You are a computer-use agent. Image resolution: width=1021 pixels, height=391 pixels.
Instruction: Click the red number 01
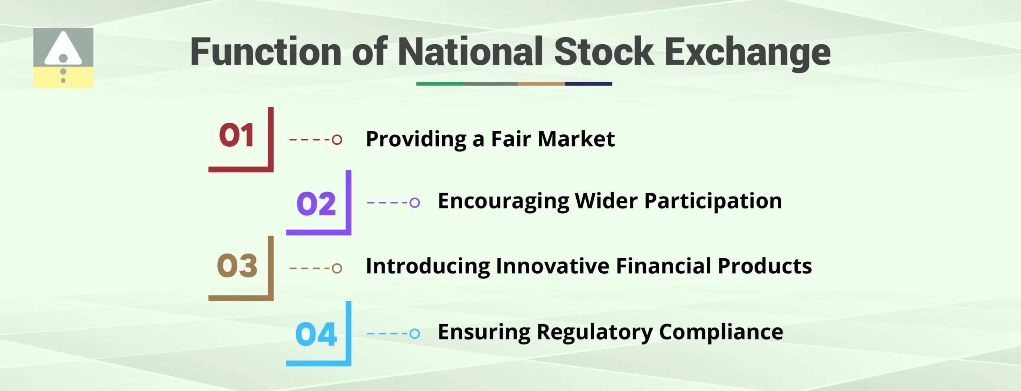(x=237, y=135)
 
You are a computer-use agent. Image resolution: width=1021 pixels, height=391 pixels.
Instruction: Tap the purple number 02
(x=316, y=204)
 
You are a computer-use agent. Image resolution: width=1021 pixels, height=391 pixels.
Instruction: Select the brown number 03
(x=237, y=265)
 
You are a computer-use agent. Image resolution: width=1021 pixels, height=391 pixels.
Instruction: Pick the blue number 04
(x=316, y=334)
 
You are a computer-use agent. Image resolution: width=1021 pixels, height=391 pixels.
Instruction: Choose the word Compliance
(x=721, y=332)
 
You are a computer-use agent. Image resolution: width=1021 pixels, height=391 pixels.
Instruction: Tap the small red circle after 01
(x=337, y=140)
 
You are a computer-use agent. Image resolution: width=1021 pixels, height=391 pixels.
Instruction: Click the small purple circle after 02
(x=415, y=202)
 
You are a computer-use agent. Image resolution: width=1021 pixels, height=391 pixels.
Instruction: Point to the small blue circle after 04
(x=415, y=333)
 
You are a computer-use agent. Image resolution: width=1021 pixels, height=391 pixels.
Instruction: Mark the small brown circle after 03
(x=337, y=268)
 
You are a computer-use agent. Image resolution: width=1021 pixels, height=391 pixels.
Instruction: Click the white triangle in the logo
(x=63, y=48)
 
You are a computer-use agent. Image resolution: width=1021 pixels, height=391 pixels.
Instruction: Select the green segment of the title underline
(x=440, y=84)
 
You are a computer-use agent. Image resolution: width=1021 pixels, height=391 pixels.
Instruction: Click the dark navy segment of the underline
(x=588, y=84)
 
